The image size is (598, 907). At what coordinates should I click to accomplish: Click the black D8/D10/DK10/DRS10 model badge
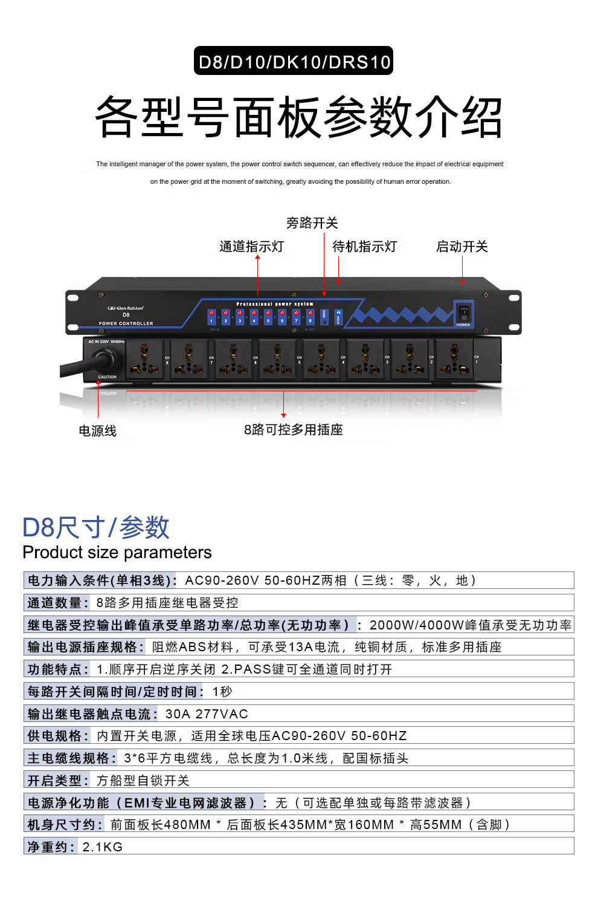pyautogui.click(x=294, y=61)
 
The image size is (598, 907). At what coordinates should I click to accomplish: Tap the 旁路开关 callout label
pyautogui.click(x=312, y=223)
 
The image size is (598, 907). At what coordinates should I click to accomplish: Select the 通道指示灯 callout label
pyautogui.click(x=251, y=247)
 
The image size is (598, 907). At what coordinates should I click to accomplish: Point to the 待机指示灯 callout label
pyautogui.click(x=364, y=247)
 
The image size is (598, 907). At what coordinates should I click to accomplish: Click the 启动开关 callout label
pyautogui.click(x=461, y=247)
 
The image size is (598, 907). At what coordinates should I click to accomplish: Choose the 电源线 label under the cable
pyautogui.click(x=97, y=431)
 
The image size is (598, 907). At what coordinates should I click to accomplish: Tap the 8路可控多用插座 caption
pyautogui.click(x=294, y=430)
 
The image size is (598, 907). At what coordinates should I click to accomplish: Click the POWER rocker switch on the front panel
pyautogui.click(x=463, y=313)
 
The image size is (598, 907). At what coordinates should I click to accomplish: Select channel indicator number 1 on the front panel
pyautogui.click(x=211, y=316)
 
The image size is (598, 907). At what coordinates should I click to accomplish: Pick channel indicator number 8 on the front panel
pyautogui.click(x=310, y=316)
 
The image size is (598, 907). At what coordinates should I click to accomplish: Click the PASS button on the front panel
pyautogui.click(x=324, y=317)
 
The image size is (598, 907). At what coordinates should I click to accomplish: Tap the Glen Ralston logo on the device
pyautogui.click(x=126, y=308)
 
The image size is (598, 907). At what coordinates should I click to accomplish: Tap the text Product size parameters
pyautogui.click(x=117, y=553)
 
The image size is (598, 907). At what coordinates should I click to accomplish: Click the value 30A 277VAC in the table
pyautogui.click(x=207, y=714)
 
